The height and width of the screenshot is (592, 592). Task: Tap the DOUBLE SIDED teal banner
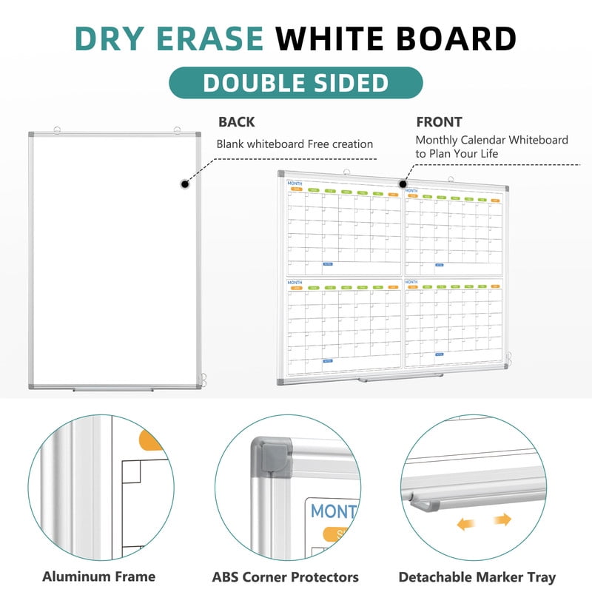[x=296, y=83]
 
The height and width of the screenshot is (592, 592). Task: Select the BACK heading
[x=236, y=122]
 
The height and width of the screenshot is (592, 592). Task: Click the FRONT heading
[x=439, y=122]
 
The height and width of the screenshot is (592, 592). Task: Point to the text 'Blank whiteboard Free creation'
[x=295, y=144]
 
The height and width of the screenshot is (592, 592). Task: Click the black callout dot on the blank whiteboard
[x=184, y=184]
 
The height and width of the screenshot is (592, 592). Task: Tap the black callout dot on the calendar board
[x=403, y=183]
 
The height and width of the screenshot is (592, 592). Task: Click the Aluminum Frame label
[x=98, y=576]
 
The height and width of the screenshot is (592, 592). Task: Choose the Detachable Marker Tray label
[x=477, y=576]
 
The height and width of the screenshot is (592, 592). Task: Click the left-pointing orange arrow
[x=465, y=523]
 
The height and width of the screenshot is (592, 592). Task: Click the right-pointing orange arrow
[x=502, y=520]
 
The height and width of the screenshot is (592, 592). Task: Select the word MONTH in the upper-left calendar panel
[x=295, y=184]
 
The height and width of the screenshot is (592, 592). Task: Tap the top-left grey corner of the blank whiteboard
[x=32, y=136]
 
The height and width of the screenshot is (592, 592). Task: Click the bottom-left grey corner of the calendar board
[x=281, y=382]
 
